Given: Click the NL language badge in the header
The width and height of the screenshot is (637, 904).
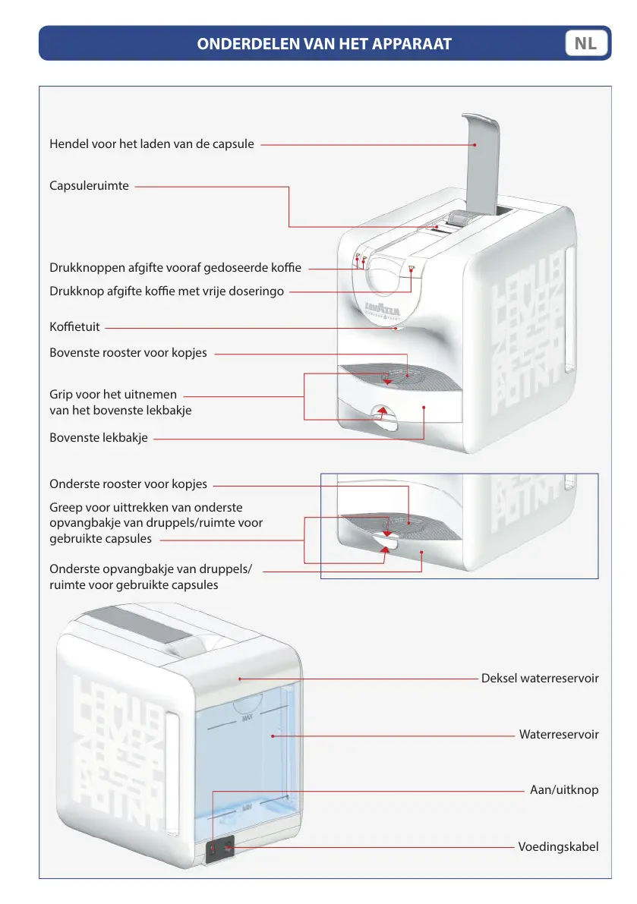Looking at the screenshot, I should pos(585,43).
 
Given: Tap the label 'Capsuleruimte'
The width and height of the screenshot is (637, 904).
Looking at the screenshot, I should pos(89,185).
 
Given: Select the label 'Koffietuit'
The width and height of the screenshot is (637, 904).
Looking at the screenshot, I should pos(74,328).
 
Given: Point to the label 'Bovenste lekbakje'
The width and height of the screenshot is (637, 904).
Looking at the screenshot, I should pos(99,437).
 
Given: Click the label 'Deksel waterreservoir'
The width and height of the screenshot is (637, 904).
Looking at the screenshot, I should pos(540,678).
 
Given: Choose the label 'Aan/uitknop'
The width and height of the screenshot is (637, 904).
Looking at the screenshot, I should pos(564,789).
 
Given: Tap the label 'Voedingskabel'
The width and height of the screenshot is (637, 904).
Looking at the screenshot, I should pos(558,846).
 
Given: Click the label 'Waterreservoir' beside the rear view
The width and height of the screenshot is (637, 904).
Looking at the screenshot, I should pos(559,734).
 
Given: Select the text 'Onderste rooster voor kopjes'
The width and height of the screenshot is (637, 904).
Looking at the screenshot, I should pos(128,484).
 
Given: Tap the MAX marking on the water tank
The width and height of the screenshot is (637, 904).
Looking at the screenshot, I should pos(245,717).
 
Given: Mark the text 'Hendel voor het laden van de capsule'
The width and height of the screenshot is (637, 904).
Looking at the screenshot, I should pos(152,143).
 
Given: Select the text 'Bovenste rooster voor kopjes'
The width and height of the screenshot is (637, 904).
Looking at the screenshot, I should pos(128,353).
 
